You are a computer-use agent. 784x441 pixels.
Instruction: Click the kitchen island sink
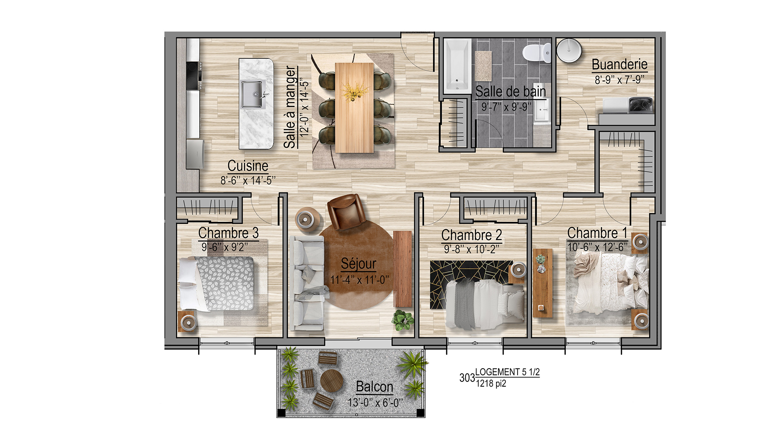(x=253, y=94)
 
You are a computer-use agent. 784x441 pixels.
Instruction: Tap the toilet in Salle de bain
(x=537, y=52)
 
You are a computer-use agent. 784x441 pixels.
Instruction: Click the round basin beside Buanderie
(x=569, y=50)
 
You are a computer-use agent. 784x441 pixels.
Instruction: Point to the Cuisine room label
(x=248, y=166)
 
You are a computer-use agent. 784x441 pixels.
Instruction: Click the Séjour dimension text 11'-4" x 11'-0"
(x=359, y=280)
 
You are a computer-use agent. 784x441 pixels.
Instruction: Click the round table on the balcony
(x=332, y=381)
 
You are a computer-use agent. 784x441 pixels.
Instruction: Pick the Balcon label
(x=375, y=387)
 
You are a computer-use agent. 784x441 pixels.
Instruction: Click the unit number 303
(x=467, y=378)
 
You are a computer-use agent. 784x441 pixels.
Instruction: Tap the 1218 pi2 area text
(x=491, y=384)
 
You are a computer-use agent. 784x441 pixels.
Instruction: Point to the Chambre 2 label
(x=472, y=235)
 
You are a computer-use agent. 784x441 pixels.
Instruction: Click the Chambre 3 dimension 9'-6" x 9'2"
(x=225, y=247)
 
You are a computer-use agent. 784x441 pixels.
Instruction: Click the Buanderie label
(x=620, y=65)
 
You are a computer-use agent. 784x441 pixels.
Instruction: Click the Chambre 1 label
(x=597, y=233)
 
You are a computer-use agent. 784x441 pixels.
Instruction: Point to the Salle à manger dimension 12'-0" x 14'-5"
(x=304, y=107)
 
